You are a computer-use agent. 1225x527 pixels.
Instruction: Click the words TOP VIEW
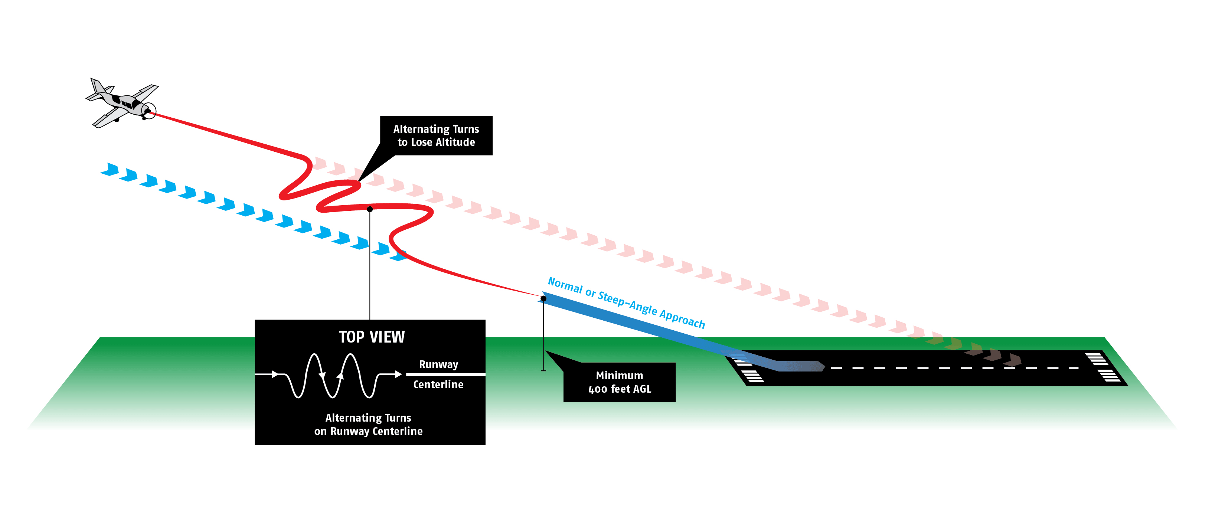pos(372,337)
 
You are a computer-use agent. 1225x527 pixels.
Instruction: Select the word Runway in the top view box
pos(438,364)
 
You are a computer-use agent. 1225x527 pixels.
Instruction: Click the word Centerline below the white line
pos(438,384)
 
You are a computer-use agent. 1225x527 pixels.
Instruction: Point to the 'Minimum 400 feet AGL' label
pos(619,382)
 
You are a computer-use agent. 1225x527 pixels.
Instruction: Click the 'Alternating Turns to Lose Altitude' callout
pos(436,135)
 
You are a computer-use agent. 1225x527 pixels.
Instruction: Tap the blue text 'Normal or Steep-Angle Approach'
pos(626,302)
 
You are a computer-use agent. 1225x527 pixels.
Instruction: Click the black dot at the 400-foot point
pos(543,299)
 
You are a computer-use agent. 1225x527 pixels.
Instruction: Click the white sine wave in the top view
pos(333,376)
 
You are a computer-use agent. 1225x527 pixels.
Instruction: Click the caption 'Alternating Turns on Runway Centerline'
pos(368,424)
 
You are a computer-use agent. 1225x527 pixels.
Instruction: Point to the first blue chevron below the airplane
pos(111,170)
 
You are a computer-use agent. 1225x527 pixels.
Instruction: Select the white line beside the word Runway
pos(445,375)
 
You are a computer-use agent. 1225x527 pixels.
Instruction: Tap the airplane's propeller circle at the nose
pos(149,111)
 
